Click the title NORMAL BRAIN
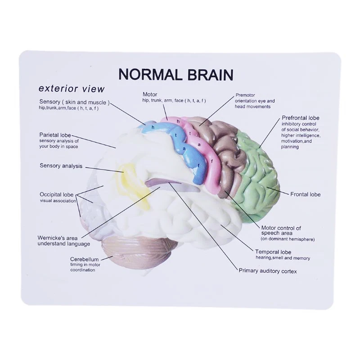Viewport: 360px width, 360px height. click(x=176, y=74)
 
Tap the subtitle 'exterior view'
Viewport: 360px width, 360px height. click(x=72, y=89)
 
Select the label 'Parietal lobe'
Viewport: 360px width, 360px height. click(x=55, y=135)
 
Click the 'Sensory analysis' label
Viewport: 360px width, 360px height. click(x=61, y=166)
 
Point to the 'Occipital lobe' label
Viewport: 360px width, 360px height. click(x=57, y=194)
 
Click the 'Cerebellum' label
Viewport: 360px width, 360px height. click(x=84, y=259)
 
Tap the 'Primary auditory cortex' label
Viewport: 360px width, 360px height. click(x=268, y=271)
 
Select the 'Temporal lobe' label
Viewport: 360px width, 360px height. click(x=273, y=252)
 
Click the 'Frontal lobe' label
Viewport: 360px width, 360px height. click(x=306, y=194)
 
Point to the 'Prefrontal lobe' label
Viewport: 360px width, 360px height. click(x=301, y=118)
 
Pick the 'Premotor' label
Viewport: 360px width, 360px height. click(x=245, y=95)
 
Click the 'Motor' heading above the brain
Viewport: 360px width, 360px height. click(x=150, y=94)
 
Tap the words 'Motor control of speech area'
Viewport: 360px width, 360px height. click(x=281, y=230)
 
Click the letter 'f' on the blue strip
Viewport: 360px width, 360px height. click(x=198, y=166)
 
